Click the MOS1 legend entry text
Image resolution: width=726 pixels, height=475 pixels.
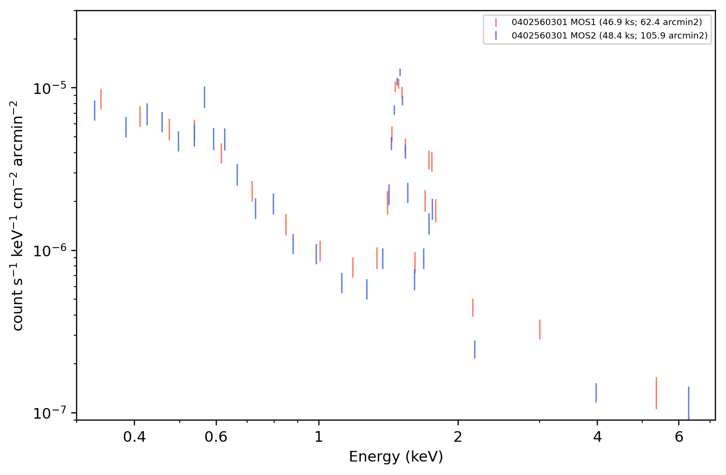(607, 22)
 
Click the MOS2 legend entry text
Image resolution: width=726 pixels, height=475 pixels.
(609, 35)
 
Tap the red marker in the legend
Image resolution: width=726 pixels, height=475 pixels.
(496, 22)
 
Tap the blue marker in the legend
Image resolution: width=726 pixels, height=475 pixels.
(496, 35)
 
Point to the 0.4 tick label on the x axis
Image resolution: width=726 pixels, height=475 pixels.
(134, 437)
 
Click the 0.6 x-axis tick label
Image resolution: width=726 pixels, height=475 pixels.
(216, 437)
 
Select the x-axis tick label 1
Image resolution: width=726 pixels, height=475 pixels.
(319, 437)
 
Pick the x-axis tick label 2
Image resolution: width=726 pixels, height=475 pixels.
(458, 437)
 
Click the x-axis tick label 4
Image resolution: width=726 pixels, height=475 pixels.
(597, 437)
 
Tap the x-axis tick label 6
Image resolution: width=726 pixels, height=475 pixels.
(679, 437)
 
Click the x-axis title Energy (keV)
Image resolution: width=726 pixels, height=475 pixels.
(396, 457)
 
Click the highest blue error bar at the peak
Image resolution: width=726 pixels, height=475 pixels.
(400, 72)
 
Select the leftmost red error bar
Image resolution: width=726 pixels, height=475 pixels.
(101, 99)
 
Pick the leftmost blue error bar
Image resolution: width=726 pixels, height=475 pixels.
(94, 110)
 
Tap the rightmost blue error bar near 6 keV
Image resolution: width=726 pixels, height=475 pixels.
(688, 403)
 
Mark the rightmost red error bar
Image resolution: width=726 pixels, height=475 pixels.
(656, 393)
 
